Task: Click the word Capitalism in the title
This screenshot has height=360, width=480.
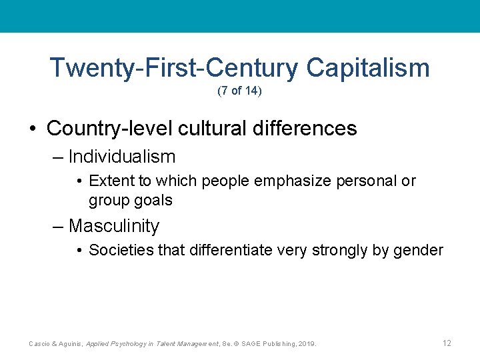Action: click(368, 68)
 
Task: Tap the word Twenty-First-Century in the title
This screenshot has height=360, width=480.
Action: click(173, 68)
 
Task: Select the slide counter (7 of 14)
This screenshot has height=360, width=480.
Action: click(239, 91)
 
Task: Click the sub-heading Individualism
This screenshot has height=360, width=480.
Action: click(121, 157)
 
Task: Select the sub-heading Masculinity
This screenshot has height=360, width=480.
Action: click(114, 226)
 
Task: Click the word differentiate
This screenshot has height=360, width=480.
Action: click(230, 251)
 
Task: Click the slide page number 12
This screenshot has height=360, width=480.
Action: click(446, 343)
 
